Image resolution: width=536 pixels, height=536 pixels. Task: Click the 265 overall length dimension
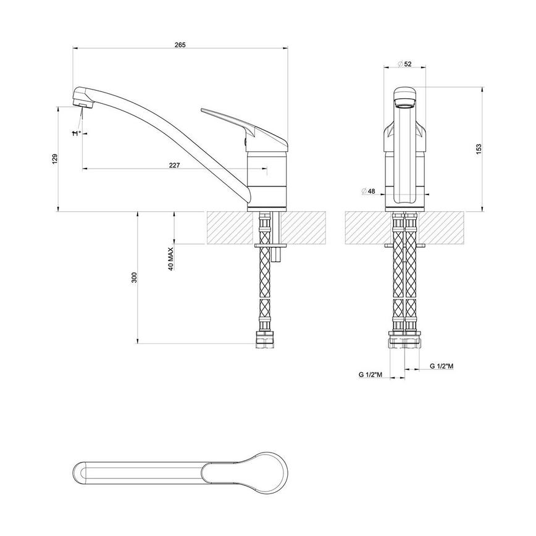click(x=180, y=44)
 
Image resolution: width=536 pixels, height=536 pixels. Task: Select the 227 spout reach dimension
click(x=175, y=164)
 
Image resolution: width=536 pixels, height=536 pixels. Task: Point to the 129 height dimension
click(x=55, y=158)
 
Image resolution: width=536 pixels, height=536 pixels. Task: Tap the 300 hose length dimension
click(x=134, y=278)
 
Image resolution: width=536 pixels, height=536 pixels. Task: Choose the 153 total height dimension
click(x=479, y=149)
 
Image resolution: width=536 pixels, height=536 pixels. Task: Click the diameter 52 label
click(x=405, y=64)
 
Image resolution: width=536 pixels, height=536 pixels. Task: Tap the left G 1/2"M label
click(x=370, y=374)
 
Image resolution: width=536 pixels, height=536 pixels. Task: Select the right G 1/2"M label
click(x=442, y=366)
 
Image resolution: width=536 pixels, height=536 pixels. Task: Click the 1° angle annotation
click(x=77, y=133)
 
